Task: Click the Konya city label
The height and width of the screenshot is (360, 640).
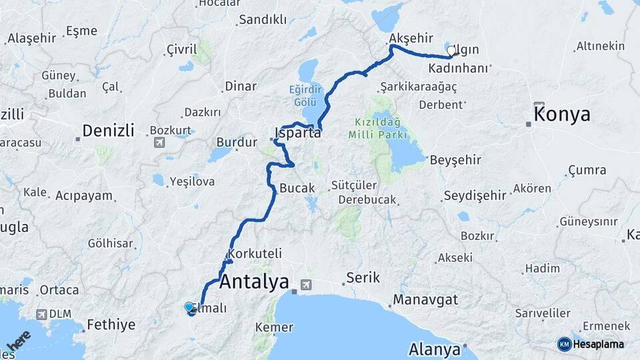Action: click(x=562, y=114)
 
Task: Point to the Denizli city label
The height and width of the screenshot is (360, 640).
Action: click(x=108, y=130)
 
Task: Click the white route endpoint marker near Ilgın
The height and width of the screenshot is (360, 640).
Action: click(x=451, y=51)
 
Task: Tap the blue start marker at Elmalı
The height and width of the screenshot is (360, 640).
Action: click(x=189, y=307)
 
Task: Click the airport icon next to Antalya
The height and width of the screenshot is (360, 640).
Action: click(x=306, y=284)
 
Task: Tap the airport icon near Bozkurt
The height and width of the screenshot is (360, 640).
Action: click(x=159, y=142)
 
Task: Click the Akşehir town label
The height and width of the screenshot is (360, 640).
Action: click(x=411, y=38)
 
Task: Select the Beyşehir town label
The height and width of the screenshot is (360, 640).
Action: click(x=456, y=160)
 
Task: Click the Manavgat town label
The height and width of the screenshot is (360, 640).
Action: click(x=425, y=299)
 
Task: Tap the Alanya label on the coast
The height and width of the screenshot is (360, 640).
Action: click(x=435, y=349)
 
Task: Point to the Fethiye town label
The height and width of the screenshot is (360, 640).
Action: click(x=111, y=325)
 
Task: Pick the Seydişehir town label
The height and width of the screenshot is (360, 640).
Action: click(x=475, y=195)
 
